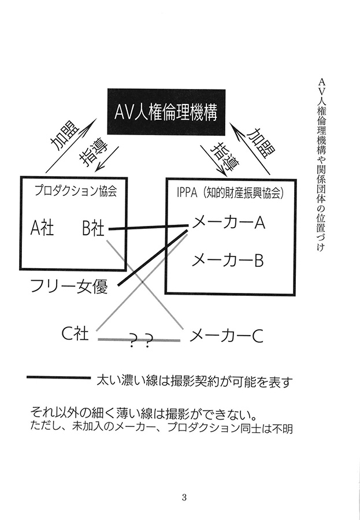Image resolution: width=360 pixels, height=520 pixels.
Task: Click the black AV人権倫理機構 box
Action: click(166, 112)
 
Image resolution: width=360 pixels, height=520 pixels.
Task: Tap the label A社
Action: click(42, 228)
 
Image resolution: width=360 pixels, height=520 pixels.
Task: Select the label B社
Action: click(93, 228)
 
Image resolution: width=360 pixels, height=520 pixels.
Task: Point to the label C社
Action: click(75, 333)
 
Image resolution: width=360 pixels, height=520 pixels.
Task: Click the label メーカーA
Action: click(229, 222)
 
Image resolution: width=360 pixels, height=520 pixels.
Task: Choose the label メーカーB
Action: click(228, 260)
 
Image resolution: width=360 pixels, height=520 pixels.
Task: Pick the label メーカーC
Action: click(227, 336)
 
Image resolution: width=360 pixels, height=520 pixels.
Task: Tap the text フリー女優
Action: click(69, 286)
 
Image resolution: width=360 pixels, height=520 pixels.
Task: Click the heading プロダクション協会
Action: click(76, 191)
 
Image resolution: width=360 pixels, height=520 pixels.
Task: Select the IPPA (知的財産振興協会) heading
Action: click(230, 193)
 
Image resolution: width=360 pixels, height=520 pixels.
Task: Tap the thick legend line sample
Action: click(58, 377)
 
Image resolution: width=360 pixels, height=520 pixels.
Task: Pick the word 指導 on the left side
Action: click(93, 155)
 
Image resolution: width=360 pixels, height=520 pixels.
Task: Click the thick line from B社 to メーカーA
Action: click(149, 227)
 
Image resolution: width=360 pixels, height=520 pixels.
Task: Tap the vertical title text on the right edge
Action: click(320, 165)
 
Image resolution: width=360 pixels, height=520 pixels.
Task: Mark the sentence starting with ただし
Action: click(161, 428)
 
